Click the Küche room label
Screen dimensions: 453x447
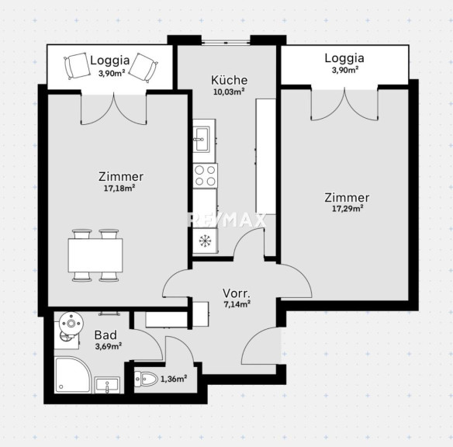[x=229, y=81]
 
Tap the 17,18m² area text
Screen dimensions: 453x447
[x=119, y=189]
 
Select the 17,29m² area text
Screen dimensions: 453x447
[x=348, y=209]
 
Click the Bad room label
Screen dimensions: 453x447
[x=105, y=335]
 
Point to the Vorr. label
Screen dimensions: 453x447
[x=237, y=293]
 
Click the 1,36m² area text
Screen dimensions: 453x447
[x=174, y=379]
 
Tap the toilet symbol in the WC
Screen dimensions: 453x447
[x=146, y=379]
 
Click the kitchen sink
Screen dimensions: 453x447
[x=204, y=140]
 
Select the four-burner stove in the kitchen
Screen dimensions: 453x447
[x=206, y=175]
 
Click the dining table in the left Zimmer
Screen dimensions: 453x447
[x=95, y=255]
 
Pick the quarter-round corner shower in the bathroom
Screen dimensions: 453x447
[x=72, y=375]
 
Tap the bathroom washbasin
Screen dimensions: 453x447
[x=107, y=385]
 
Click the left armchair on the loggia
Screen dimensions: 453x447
[x=77, y=66]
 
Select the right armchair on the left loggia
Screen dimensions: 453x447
[x=144, y=68]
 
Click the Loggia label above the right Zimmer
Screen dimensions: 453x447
[x=344, y=58]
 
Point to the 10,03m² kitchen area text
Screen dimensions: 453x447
[x=229, y=92]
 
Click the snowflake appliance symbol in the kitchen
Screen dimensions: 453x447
[x=206, y=241]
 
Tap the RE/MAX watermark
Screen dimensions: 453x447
[x=227, y=220]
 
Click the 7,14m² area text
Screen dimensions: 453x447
[x=237, y=304]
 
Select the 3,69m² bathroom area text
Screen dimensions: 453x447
[x=109, y=346]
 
